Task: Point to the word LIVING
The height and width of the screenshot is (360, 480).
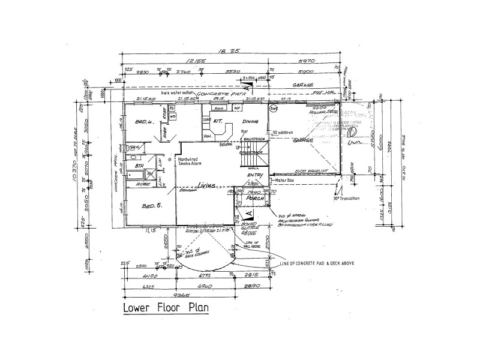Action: [x=208, y=187]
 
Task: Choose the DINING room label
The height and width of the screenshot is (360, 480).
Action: [x=250, y=121]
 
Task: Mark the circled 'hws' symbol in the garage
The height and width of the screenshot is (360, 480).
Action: [x=273, y=109]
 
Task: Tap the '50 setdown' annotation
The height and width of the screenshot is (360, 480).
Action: [x=283, y=132]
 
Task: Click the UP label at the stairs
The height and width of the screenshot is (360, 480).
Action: [x=239, y=148]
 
